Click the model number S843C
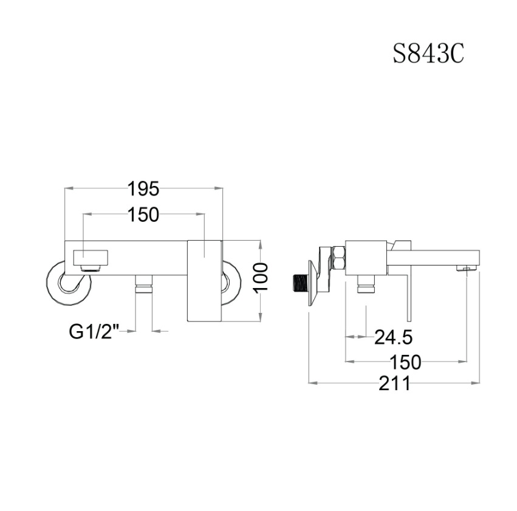click(x=428, y=53)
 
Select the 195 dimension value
click(x=144, y=189)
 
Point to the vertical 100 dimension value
click(x=261, y=278)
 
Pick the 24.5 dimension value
click(x=394, y=337)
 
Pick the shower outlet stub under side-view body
click(x=366, y=283)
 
